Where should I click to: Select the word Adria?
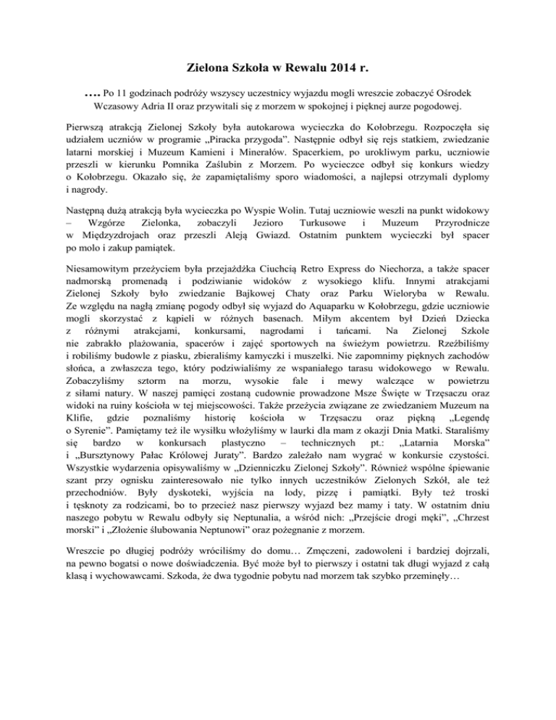point(172,106)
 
